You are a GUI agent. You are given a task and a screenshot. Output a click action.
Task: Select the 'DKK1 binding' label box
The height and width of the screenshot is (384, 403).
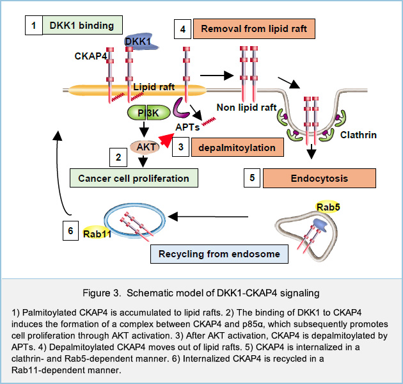click(82, 26)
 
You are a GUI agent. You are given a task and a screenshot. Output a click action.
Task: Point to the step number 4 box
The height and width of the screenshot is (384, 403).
click(183, 29)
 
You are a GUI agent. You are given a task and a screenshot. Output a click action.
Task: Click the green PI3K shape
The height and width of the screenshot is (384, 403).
click(140, 113)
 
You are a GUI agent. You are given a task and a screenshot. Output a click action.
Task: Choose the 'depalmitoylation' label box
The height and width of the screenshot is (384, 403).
click(237, 147)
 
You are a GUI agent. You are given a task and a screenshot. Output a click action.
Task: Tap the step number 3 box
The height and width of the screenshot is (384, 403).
click(181, 147)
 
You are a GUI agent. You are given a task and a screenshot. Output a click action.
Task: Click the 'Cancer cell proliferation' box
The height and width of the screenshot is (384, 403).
click(133, 177)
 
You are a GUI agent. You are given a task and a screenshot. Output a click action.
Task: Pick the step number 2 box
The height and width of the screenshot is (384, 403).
click(116, 156)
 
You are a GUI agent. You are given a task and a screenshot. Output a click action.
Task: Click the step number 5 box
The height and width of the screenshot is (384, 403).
click(252, 178)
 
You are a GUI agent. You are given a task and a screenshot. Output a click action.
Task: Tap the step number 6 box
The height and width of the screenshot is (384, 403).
click(73, 230)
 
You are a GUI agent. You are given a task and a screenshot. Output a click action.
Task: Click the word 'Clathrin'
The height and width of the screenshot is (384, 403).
click(359, 136)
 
